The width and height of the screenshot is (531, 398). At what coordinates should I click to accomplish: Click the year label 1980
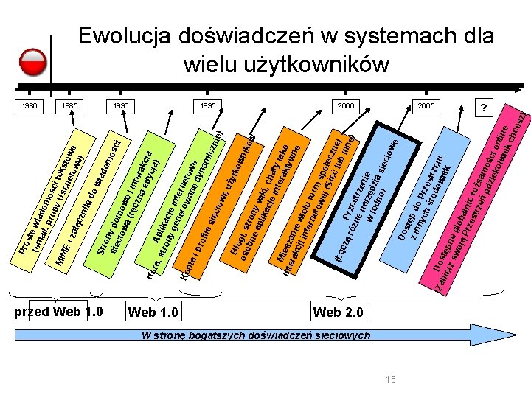click(29, 106)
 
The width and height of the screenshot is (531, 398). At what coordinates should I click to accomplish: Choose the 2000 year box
click(346, 106)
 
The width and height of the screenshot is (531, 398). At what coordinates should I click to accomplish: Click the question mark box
click(485, 108)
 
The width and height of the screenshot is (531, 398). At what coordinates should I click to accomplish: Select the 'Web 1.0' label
click(153, 313)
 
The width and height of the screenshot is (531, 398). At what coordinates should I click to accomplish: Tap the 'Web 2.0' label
click(338, 313)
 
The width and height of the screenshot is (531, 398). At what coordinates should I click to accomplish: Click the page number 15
click(390, 379)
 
